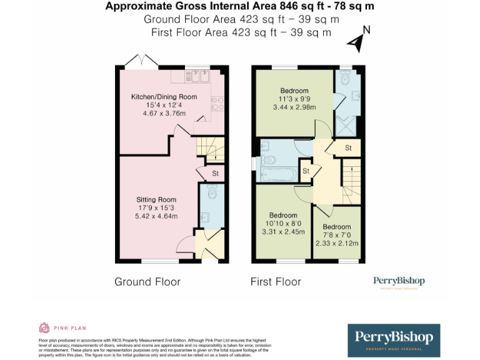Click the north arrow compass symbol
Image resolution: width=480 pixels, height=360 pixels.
[x=358, y=40]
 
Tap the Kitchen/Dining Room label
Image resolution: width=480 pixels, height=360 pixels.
[x=164, y=97]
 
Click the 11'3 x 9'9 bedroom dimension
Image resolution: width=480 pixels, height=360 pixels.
[x=294, y=99]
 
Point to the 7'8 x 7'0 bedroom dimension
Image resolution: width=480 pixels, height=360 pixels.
[x=336, y=235]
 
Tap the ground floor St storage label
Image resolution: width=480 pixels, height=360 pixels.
[x=215, y=174]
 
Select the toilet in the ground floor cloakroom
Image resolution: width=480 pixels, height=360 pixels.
[x=212, y=193]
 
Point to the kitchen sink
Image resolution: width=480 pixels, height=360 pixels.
[x=199, y=76]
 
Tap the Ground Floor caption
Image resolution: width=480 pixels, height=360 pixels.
[x=147, y=282]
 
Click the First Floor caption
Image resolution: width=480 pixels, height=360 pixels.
[x=276, y=282]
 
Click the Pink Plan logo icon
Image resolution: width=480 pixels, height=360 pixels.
[x=44, y=327]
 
